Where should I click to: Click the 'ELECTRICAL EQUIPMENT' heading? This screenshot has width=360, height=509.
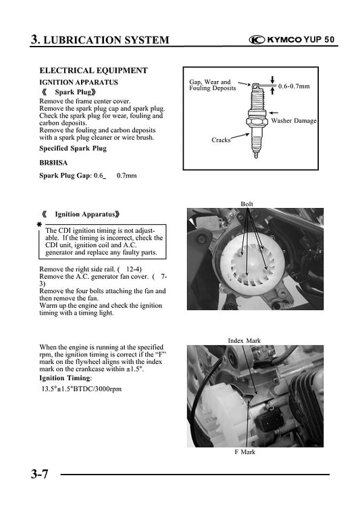point(93,70)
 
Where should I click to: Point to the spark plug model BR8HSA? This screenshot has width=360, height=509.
point(54,163)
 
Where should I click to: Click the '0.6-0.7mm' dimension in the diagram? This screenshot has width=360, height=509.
point(294,86)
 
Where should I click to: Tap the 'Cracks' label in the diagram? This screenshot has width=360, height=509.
point(221,140)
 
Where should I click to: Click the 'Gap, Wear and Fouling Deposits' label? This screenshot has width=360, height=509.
point(210,85)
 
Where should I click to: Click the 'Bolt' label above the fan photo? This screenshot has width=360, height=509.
point(247,204)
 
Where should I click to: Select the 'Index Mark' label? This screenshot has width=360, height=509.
point(244,341)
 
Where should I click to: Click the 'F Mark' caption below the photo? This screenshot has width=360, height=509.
point(244,452)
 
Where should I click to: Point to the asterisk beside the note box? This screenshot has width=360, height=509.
point(39,224)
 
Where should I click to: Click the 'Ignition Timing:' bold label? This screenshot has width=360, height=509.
point(66,377)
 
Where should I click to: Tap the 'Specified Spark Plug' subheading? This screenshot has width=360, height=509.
point(73,148)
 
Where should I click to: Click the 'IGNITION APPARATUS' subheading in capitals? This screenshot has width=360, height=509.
point(79,82)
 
